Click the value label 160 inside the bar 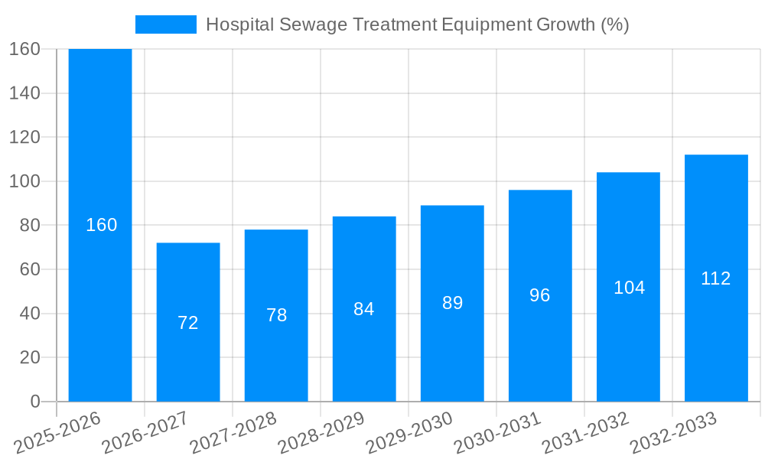[101, 225]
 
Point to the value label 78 [276, 315]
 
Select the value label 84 [364, 309]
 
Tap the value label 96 [540, 295]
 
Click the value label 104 [629, 288]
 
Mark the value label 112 [716, 278]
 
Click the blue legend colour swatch [165, 24]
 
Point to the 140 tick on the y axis [24, 93]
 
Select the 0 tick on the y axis [34, 402]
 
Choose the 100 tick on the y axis [24, 181]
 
